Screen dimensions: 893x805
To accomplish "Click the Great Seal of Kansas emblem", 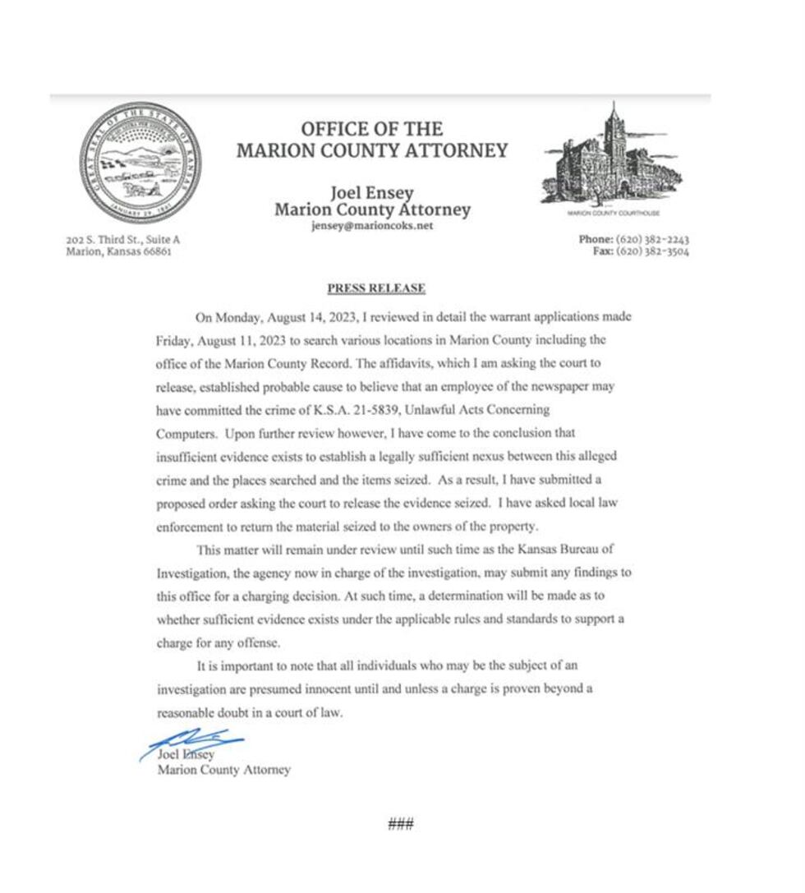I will pos(140,163).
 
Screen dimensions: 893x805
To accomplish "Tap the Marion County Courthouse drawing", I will pos(613,160).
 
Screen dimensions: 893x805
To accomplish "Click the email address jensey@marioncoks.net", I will pos(372,226).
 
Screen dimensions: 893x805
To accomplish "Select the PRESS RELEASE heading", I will pos(376,288).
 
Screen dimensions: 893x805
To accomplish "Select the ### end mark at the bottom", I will pos(400,823).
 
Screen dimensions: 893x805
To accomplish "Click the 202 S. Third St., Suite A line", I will pos(122,240).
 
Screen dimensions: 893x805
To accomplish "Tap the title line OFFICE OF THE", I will pos(371,129).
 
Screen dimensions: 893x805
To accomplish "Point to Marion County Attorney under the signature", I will pos(223,770).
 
